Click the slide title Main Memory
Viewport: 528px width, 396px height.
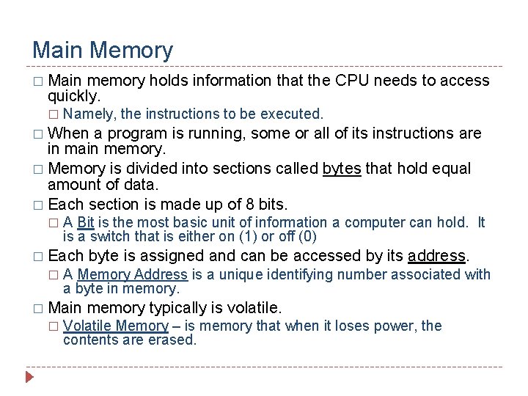(x=103, y=50)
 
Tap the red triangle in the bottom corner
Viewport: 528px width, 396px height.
(x=30, y=378)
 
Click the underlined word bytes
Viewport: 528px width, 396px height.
(x=342, y=169)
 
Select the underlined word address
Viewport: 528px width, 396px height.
(x=437, y=255)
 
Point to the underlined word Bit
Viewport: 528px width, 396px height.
(x=85, y=222)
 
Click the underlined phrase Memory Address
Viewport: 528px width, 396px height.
(x=133, y=274)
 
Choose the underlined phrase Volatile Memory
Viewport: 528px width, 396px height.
(x=116, y=326)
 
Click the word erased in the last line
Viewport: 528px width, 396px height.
(x=175, y=340)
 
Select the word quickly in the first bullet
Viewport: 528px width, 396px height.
(x=73, y=96)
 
